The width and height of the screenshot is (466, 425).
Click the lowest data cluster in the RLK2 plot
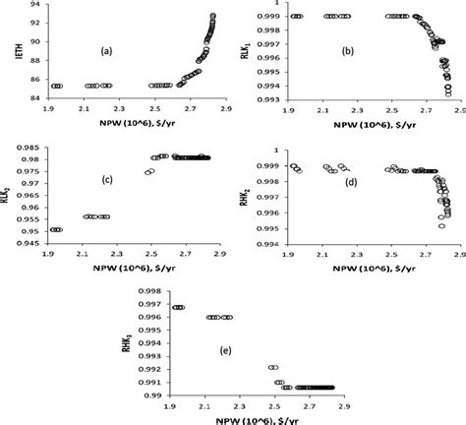(56, 229)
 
